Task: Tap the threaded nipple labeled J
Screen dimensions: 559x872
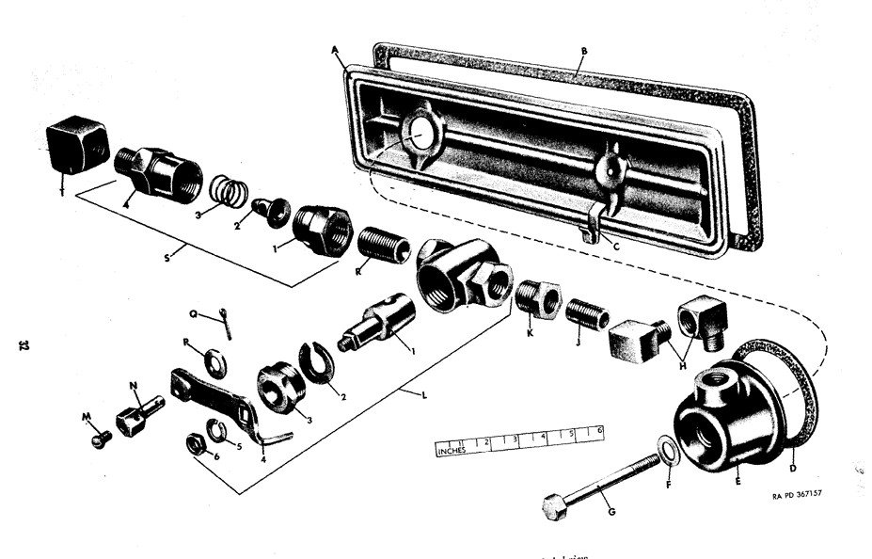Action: (581, 312)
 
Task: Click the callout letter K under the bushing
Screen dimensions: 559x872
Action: (529, 332)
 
